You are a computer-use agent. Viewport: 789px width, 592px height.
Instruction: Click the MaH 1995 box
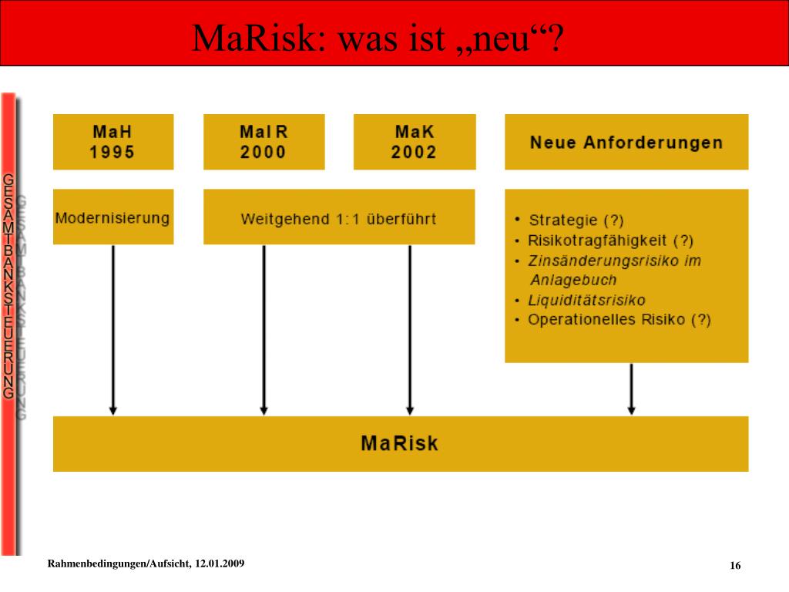(x=113, y=142)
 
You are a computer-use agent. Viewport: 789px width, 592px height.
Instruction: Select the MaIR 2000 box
(x=264, y=142)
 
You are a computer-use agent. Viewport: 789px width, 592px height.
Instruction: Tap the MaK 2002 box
(x=415, y=142)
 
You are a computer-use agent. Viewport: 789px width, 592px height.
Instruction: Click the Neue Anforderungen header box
(x=626, y=142)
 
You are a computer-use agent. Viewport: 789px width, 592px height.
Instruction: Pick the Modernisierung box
(x=113, y=217)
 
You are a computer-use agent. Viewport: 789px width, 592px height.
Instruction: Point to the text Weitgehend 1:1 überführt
(x=339, y=219)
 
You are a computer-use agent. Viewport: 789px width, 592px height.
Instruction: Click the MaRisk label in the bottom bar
(x=400, y=443)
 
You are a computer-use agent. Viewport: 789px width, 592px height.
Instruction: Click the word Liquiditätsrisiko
(x=586, y=301)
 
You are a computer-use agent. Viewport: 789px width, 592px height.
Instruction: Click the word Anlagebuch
(x=573, y=280)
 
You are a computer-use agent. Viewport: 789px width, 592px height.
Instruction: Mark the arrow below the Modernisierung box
(x=113, y=330)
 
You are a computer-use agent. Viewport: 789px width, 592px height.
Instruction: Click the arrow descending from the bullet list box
(x=632, y=388)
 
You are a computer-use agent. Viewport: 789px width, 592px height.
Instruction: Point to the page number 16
(x=735, y=565)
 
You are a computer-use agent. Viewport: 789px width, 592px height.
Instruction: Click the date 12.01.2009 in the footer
(x=220, y=563)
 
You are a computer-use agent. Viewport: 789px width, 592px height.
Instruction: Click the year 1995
(x=112, y=152)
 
